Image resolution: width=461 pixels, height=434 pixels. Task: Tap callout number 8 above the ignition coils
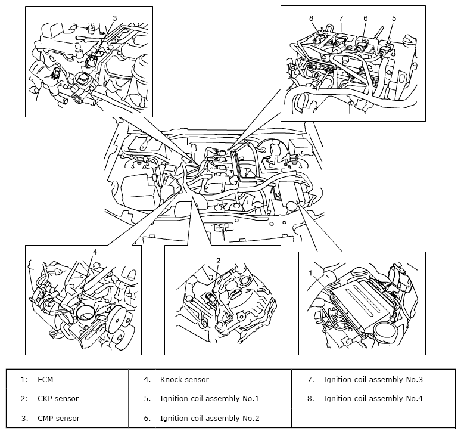[x=312, y=18]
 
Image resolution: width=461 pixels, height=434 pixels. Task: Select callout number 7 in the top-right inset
[x=341, y=18]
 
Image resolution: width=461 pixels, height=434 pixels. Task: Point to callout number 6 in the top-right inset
[x=365, y=18]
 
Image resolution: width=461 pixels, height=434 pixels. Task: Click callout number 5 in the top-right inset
[x=394, y=18]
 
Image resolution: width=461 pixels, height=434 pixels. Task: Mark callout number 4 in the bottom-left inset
[x=95, y=252]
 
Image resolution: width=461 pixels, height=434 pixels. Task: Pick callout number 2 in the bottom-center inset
[x=219, y=261]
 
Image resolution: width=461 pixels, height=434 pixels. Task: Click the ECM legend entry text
[x=45, y=379]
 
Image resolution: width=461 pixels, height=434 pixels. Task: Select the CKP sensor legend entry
[x=58, y=398]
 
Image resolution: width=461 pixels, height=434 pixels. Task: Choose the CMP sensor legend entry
[x=58, y=418]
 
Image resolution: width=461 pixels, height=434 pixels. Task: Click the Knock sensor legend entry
[x=184, y=379]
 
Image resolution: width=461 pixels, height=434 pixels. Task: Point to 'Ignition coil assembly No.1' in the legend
[x=210, y=398]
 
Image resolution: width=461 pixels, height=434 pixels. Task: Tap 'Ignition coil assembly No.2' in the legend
[x=210, y=418]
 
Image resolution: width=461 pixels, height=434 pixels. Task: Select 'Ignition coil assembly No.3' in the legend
[x=373, y=379]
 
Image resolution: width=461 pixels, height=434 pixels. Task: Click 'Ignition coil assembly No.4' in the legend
[x=373, y=398]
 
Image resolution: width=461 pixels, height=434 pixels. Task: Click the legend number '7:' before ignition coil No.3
[x=311, y=379]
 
